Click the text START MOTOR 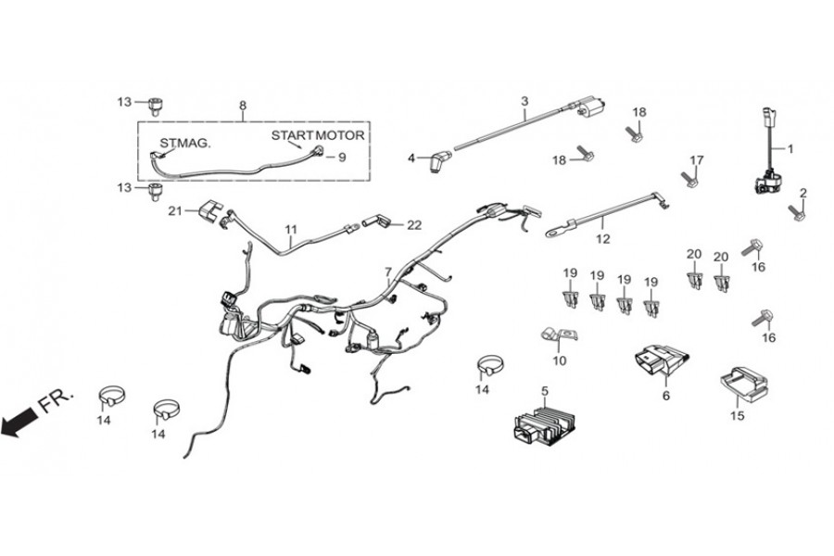click(317, 135)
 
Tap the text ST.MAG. click(185, 144)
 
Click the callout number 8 click(243, 106)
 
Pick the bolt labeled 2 click(794, 211)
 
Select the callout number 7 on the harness click(388, 272)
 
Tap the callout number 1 click(790, 148)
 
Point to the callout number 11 click(291, 228)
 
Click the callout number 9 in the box click(342, 158)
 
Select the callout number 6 click(664, 395)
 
